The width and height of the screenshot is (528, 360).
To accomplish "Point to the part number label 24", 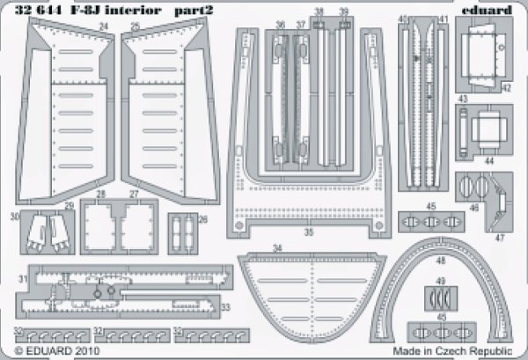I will point(104,27).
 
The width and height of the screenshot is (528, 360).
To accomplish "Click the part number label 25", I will point(135,27).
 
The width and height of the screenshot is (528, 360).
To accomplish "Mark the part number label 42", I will point(507,88).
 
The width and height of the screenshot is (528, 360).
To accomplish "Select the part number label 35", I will point(307,233).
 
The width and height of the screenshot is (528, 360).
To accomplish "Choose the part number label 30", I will point(15,216).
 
